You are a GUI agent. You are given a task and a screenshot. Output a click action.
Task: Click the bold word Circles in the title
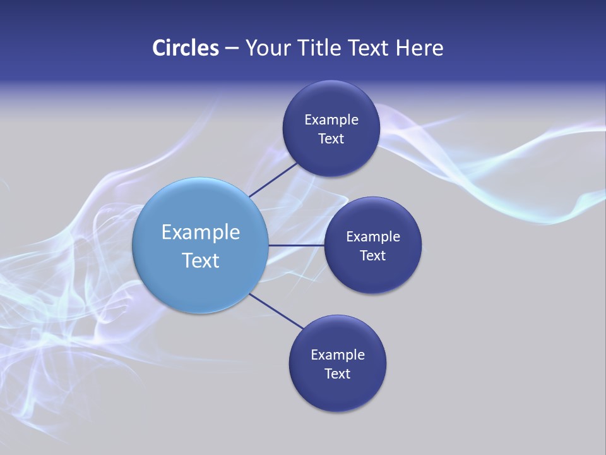click(x=185, y=48)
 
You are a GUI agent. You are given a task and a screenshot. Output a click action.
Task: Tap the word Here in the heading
click(x=420, y=48)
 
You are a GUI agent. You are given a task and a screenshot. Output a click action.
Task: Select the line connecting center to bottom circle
click(x=276, y=311)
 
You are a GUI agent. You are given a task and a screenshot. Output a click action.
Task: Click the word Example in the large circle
click(x=200, y=233)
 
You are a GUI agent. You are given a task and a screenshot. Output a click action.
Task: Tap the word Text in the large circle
click(x=200, y=260)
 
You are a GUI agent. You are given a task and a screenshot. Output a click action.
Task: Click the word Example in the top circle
click(x=331, y=120)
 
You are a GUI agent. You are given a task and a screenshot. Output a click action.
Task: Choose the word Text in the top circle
click(x=331, y=139)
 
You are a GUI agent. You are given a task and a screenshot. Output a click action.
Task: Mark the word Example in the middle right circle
click(x=372, y=237)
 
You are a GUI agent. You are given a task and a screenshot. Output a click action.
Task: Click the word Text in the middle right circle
click(x=372, y=256)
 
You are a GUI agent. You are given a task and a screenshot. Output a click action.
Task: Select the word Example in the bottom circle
click(x=337, y=355)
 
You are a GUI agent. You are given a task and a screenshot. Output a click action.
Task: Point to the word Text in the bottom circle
click(x=337, y=374)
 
